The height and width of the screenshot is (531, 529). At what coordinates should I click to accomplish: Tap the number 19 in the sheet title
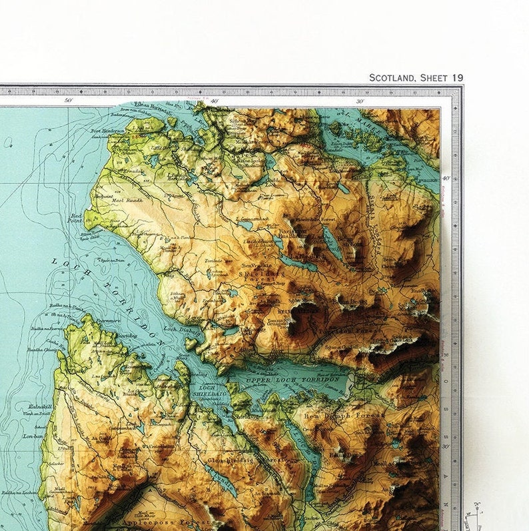coord(456,78)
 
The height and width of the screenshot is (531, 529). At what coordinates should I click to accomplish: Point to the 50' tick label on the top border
coord(68,101)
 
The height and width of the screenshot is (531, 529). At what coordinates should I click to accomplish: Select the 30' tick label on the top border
coord(360,101)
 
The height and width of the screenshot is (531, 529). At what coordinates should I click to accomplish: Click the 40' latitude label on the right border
coord(445,177)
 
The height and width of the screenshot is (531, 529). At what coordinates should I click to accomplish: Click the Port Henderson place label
coord(108,131)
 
